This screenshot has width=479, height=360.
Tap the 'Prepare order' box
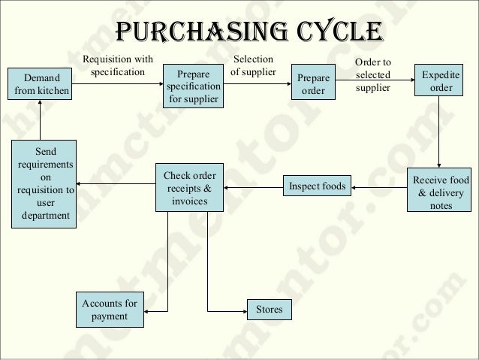pyautogui.click(x=313, y=84)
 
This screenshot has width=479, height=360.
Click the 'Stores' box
pyautogui.click(x=270, y=309)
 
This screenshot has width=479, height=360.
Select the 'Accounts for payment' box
pyautogui.click(x=110, y=310)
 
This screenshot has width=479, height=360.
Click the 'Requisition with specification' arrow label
pyautogui.click(x=117, y=65)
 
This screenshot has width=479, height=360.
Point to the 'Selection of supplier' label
pyautogui.click(x=253, y=65)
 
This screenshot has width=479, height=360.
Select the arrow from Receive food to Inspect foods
pyautogui.click(x=379, y=186)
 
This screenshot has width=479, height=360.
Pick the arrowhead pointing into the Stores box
pyautogui.click(x=243, y=309)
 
